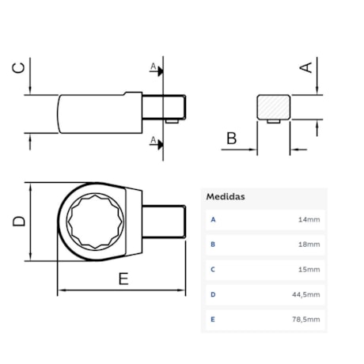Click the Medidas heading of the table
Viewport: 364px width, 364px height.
pos(226,196)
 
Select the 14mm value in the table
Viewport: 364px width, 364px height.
pos(309,219)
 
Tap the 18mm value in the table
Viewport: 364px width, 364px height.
pos(309,245)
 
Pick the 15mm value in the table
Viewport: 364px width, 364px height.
pos(309,270)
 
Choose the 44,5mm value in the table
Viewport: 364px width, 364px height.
pos(307,294)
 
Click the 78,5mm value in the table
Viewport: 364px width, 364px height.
pos(307,320)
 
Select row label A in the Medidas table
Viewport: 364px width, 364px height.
pos(212,219)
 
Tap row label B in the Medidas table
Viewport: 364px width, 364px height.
pos(212,245)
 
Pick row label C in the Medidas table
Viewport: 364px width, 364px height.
pos(212,270)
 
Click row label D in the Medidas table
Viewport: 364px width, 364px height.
pos(212,294)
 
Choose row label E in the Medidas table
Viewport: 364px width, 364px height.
pos(212,320)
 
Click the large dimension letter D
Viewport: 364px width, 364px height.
pos(20,222)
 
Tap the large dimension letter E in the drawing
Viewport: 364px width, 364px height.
pos(123,279)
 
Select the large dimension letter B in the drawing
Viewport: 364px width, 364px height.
pos(231,139)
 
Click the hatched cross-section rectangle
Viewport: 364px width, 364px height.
pos(274,108)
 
